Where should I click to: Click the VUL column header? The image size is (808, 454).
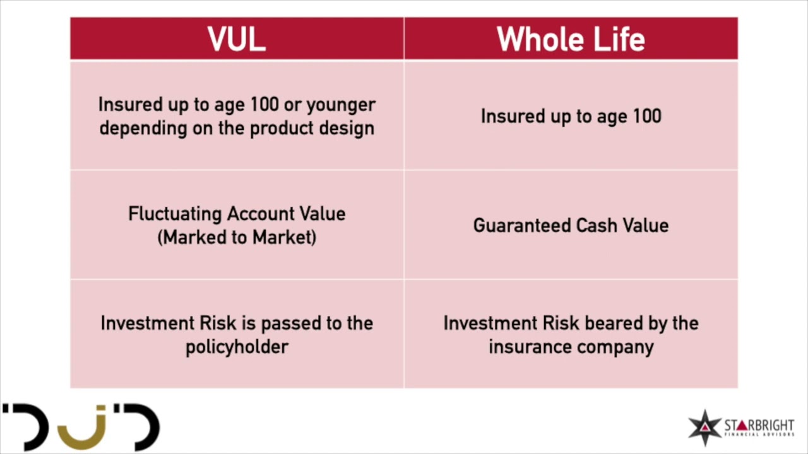tap(237, 39)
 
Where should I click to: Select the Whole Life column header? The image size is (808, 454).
tap(571, 39)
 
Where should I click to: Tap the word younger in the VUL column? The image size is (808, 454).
tap(341, 105)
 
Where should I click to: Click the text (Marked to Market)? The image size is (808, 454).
tap(237, 238)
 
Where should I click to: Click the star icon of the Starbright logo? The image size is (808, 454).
tap(704, 428)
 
